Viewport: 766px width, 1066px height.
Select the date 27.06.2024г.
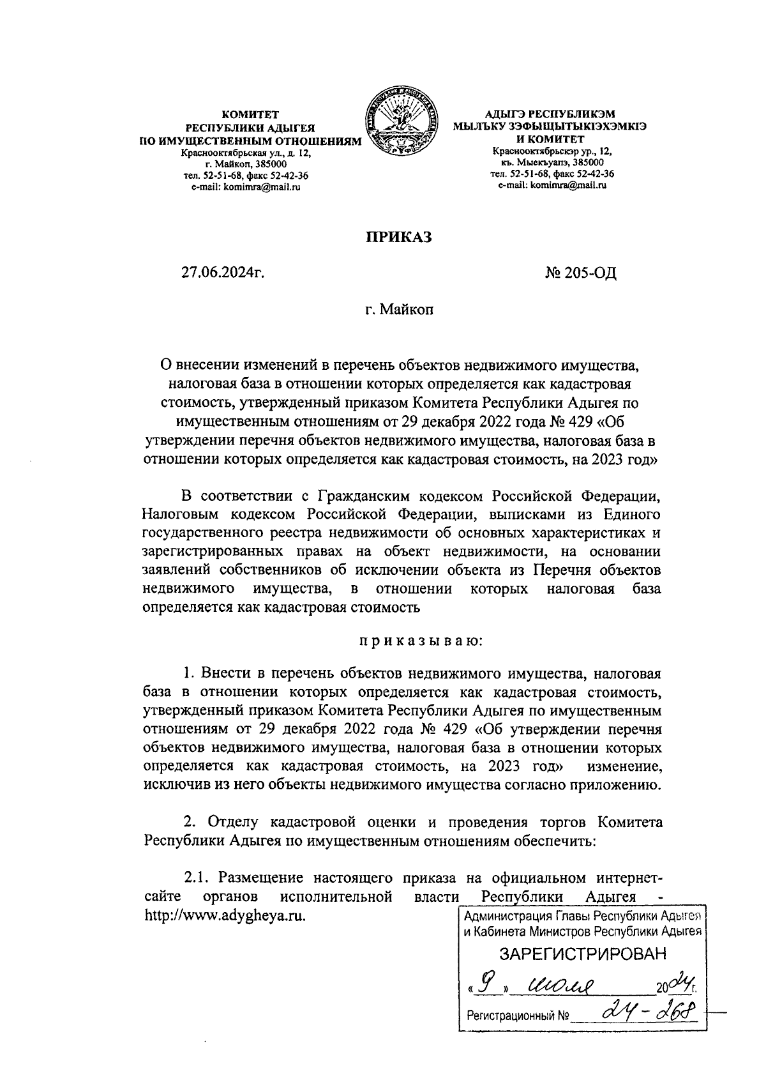click(223, 273)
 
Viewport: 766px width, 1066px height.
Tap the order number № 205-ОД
click(581, 273)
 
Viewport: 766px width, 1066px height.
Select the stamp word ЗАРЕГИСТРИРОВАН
click(582, 954)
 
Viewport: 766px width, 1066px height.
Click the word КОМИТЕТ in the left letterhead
click(250, 115)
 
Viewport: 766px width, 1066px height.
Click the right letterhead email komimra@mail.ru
click(552, 185)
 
